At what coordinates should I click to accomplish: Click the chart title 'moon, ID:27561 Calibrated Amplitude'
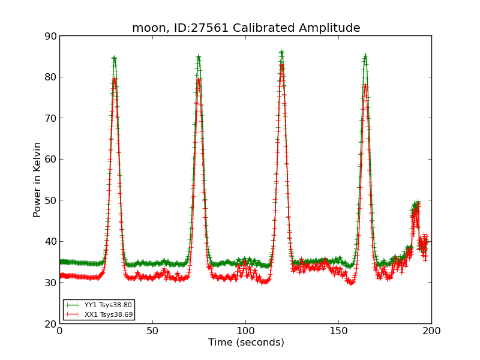pyautogui.click(x=246, y=28)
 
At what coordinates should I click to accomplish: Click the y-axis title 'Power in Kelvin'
pyautogui.click(x=37, y=179)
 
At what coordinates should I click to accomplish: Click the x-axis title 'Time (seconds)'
pyautogui.click(x=246, y=343)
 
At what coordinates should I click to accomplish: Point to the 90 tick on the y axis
pyautogui.click(x=50, y=36)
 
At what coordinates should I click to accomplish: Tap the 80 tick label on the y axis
pyautogui.click(x=50, y=77)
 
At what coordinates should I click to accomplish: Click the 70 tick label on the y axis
pyautogui.click(x=50, y=118)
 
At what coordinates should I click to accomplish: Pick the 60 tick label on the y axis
pyautogui.click(x=50, y=159)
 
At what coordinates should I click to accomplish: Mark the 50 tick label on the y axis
pyautogui.click(x=50, y=200)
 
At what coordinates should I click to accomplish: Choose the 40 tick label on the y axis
pyautogui.click(x=50, y=241)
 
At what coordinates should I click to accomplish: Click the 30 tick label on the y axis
pyautogui.click(x=50, y=283)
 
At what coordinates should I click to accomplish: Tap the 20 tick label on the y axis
pyautogui.click(x=50, y=323)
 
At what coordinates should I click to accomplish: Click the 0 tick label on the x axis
pyautogui.click(x=59, y=331)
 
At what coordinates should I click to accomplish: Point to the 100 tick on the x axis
pyautogui.click(x=245, y=331)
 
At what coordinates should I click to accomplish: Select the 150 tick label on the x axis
pyautogui.click(x=338, y=331)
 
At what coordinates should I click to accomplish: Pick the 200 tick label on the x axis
pyautogui.click(x=431, y=331)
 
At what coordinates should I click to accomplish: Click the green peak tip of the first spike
pyautogui.click(x=114, y=58)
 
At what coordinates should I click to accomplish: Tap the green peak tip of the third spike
pyautogui.click(x=281, y=53)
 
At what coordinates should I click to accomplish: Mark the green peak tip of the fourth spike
pyautogui.click(x=365, y=56)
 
